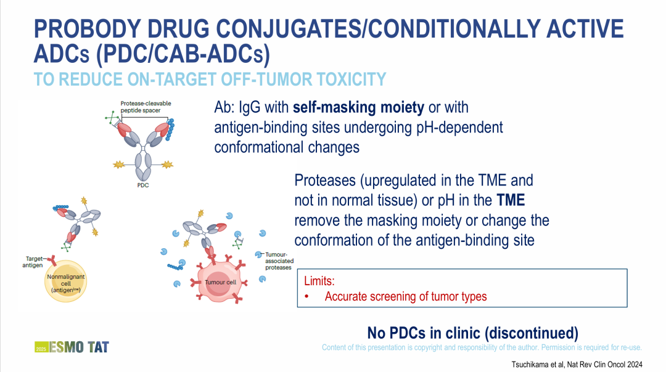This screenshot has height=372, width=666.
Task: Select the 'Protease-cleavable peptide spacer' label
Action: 146,107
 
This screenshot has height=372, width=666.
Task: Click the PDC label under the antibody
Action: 142,185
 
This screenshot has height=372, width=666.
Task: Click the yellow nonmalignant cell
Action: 66,281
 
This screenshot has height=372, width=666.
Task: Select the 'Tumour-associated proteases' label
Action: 279,261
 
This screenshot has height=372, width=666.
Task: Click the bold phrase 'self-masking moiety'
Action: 358,107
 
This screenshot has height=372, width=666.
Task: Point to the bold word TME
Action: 511,200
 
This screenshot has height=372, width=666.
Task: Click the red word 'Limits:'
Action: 319,281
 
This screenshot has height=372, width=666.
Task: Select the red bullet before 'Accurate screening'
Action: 306,297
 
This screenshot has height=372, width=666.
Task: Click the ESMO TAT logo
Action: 72,347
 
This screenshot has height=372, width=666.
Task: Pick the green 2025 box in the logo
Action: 41,347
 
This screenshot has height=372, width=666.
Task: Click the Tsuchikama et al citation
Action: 577,365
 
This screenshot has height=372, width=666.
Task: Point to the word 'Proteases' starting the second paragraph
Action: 325,180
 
